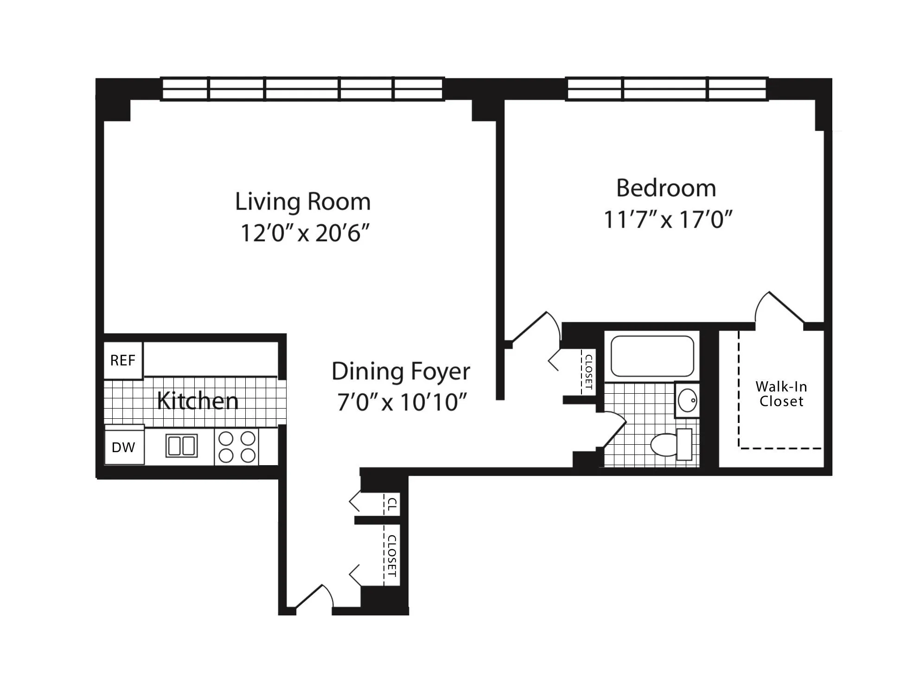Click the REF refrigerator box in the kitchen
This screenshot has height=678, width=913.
tap(123, 360)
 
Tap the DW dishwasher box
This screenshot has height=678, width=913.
tap(124, 447)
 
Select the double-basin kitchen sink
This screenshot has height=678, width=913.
tap(181, 446)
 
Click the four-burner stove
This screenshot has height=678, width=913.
tap(236, 447)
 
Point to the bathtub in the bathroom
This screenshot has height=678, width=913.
tap(652, 356)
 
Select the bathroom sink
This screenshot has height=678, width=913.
tap(687, 400)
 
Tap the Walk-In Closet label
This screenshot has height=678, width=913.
tap(781, 394)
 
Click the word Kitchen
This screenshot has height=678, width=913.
tap(198, 401)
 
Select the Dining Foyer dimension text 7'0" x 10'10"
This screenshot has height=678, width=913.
tap(402, 402)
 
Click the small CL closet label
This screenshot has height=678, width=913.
tap(392, 504)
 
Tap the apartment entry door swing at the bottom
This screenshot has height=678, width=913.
tap(314, 597)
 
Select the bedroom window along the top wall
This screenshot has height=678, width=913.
tap(667, 89)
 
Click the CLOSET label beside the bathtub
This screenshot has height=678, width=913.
tap(588, 371)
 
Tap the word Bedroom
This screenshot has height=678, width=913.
tap(666, 188)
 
